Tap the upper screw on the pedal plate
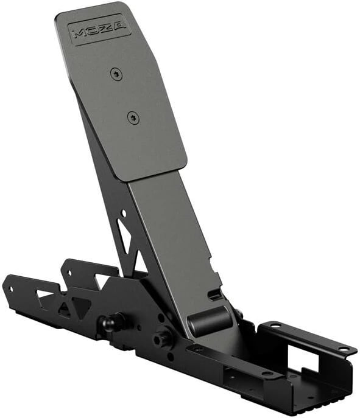coord(116,74)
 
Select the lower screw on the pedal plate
coord(133,117)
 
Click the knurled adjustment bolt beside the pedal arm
coord(163,334)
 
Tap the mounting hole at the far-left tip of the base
coord(9,288)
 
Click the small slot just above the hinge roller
coord(214,296)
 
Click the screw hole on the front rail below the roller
coord(199,349)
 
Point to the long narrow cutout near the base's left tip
coord(44,294)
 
